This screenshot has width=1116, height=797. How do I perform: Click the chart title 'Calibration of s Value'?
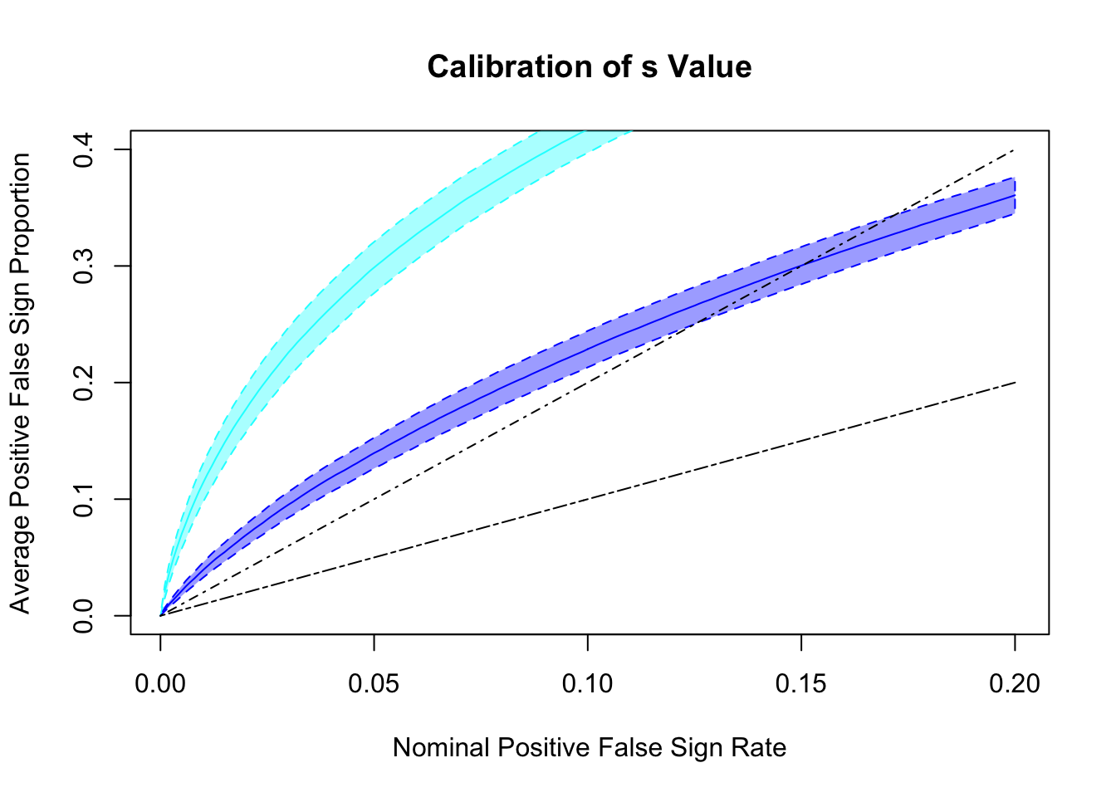590,67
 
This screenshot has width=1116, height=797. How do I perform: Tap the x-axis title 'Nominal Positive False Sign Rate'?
590,748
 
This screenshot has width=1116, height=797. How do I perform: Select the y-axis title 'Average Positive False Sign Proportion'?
20,383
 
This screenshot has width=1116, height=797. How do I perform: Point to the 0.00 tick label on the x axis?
160,684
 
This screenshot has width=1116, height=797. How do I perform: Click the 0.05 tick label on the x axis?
374,684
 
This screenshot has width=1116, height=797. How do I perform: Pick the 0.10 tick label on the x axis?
588,684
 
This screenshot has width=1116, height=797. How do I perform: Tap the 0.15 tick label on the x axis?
801,684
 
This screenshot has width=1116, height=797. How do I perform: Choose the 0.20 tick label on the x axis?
1015,684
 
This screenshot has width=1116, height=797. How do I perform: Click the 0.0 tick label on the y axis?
84,616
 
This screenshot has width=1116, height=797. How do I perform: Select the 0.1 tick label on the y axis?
84,499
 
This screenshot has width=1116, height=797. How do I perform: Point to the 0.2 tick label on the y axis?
84,383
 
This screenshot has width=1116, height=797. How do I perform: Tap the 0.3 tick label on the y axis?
84,266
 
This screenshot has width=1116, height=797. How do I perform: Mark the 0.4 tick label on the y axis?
84,149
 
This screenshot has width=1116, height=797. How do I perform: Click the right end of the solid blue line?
1015,196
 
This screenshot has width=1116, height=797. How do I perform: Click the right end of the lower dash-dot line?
1015,383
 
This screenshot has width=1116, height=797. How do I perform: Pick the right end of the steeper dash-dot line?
1015,150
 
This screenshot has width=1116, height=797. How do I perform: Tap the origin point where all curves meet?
160,615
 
